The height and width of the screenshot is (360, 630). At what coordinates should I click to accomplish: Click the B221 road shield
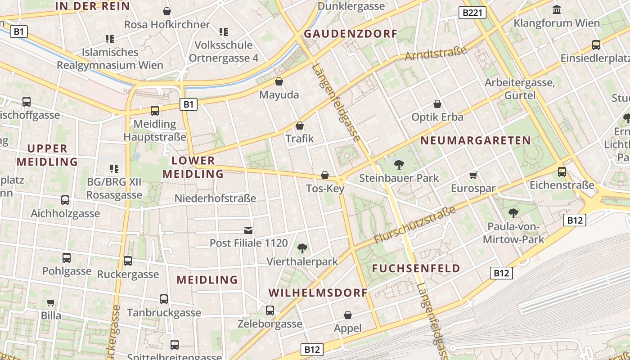[x=472, y=13]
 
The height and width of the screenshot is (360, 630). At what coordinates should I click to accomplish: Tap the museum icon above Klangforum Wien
[x=557, y=9]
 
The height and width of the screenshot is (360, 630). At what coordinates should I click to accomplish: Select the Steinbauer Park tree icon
[x=399, y=165]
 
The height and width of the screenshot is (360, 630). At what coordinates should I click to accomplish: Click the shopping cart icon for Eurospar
[x=473, y=175]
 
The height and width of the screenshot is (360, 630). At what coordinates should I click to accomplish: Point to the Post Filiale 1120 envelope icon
[x=248, y=230]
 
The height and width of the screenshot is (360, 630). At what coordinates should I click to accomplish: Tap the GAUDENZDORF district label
[x=351, y=34]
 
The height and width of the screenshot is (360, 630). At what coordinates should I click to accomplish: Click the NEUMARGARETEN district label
[x=476, y=140]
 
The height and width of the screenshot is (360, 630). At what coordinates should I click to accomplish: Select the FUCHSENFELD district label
[x=416, y=269]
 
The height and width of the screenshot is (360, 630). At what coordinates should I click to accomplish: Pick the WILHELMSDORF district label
[x=318, y=292]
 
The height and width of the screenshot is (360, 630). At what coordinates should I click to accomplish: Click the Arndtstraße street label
[x=436, y=53]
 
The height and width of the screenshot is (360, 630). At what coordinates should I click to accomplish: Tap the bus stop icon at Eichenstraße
[x=562, y=171]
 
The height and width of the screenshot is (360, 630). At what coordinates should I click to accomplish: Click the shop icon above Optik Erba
[x=437, y=104]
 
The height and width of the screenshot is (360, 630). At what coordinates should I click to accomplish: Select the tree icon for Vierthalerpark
[x=302, y=248]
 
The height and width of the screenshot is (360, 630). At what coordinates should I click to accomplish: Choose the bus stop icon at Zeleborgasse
[x=270, y=310]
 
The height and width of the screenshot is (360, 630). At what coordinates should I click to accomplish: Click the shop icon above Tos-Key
[x=324, y=175]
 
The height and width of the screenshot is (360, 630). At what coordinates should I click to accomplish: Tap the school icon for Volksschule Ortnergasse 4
[x=223, y=31]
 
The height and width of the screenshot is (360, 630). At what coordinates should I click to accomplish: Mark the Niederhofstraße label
[x=215, y=198]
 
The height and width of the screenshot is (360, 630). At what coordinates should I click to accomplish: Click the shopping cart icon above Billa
[x=51, y=302]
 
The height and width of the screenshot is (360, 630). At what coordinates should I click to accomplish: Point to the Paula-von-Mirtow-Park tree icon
[x=513, y=213]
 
